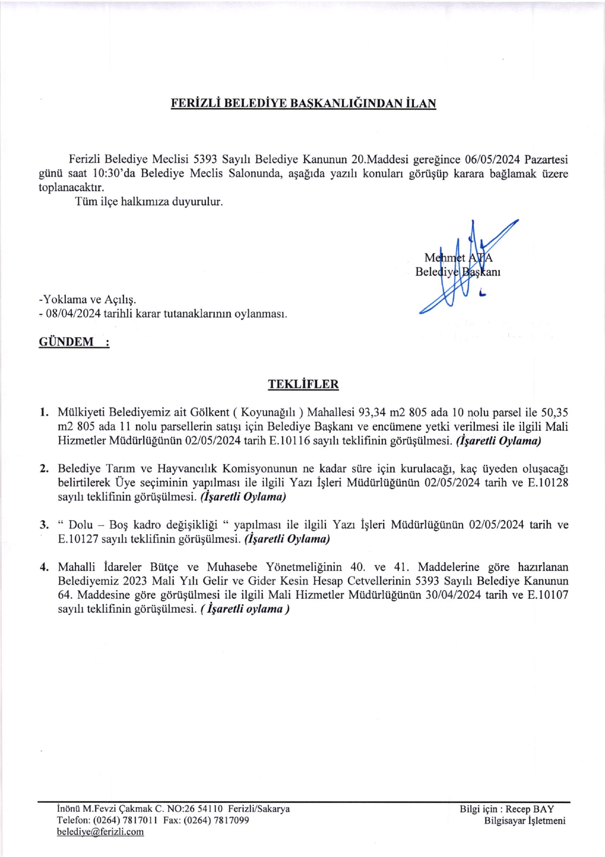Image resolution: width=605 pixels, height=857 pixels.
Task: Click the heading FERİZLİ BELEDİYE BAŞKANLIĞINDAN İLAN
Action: (x=303, y=104)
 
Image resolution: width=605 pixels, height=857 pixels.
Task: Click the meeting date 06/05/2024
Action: (x=492, y=159)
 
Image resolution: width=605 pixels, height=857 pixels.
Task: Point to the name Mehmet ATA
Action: (x=458, y=258)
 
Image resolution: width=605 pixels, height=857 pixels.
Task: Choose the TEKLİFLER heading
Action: (x=303, y=384)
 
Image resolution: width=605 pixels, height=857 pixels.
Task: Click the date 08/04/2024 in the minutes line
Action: (x=73, y=314)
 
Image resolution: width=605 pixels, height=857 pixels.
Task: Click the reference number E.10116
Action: (x=289, y=441)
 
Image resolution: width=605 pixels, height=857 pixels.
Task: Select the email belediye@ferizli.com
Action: (x=100, y=832)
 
